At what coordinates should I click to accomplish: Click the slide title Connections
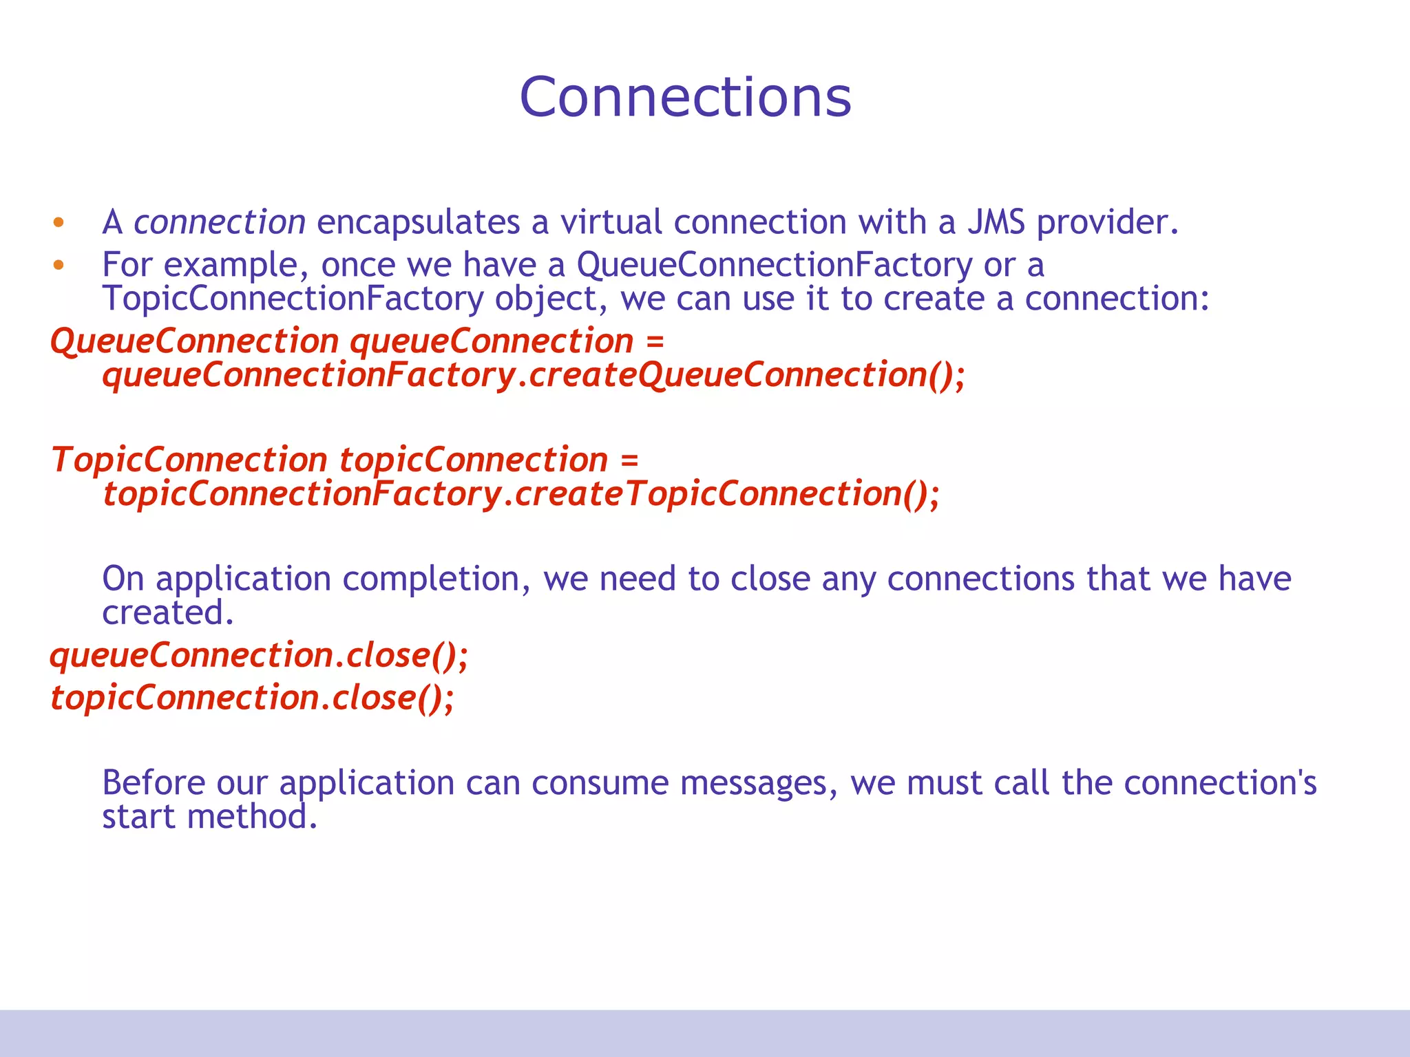pos(685,97)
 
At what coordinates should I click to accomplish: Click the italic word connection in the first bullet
pos(219,222)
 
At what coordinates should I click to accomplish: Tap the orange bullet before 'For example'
pos(59,265)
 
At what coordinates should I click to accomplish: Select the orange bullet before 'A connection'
pos(59,222)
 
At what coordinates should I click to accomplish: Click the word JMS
pos(996,222)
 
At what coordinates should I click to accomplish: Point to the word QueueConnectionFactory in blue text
pos(775,265)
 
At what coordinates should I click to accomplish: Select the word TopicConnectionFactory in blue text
pos(293,299)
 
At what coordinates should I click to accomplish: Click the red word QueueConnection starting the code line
pos(195,341)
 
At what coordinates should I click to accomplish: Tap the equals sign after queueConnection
pos(655,341)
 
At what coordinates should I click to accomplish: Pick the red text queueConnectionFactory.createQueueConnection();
pos(534,376)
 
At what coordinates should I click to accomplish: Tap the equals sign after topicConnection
pos(629,460)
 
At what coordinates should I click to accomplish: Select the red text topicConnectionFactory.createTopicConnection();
pos(521,494)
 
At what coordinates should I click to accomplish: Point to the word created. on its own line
pos(168,612)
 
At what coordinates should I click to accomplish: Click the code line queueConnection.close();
pos(259,655)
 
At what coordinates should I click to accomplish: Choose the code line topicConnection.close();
pos(252,698)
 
